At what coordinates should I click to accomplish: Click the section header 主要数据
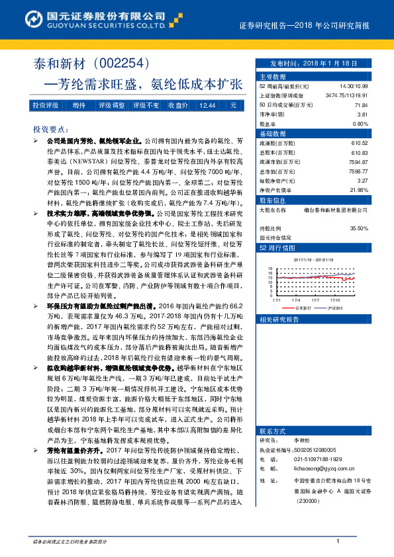tap(272, 77)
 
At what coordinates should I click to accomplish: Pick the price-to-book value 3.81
tap(362, 114)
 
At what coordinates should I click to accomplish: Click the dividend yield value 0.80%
tap(360, 124)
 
